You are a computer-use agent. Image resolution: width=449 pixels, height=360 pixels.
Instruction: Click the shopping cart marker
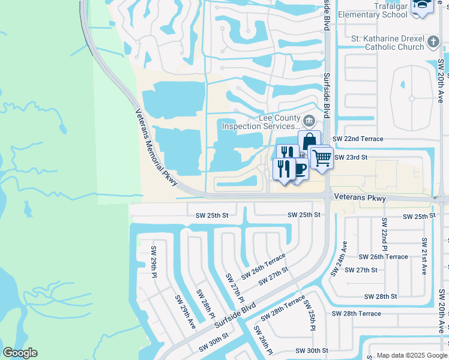(322, 158)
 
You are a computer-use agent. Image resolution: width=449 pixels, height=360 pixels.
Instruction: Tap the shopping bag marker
(309, 142)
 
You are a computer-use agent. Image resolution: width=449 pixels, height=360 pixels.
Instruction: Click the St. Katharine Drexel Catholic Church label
(387, 43)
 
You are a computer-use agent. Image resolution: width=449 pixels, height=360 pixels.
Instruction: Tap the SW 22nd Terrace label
(358, 139)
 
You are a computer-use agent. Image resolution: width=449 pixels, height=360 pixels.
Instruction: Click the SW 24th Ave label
(340, 259)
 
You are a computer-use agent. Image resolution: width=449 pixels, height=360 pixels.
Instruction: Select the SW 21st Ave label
(424, 256)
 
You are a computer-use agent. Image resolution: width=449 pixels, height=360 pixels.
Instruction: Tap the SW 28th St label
(381, 296)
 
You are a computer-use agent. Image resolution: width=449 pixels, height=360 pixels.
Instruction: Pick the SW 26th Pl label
(262, 340)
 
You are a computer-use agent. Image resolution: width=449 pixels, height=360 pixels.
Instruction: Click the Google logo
(20, 353)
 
